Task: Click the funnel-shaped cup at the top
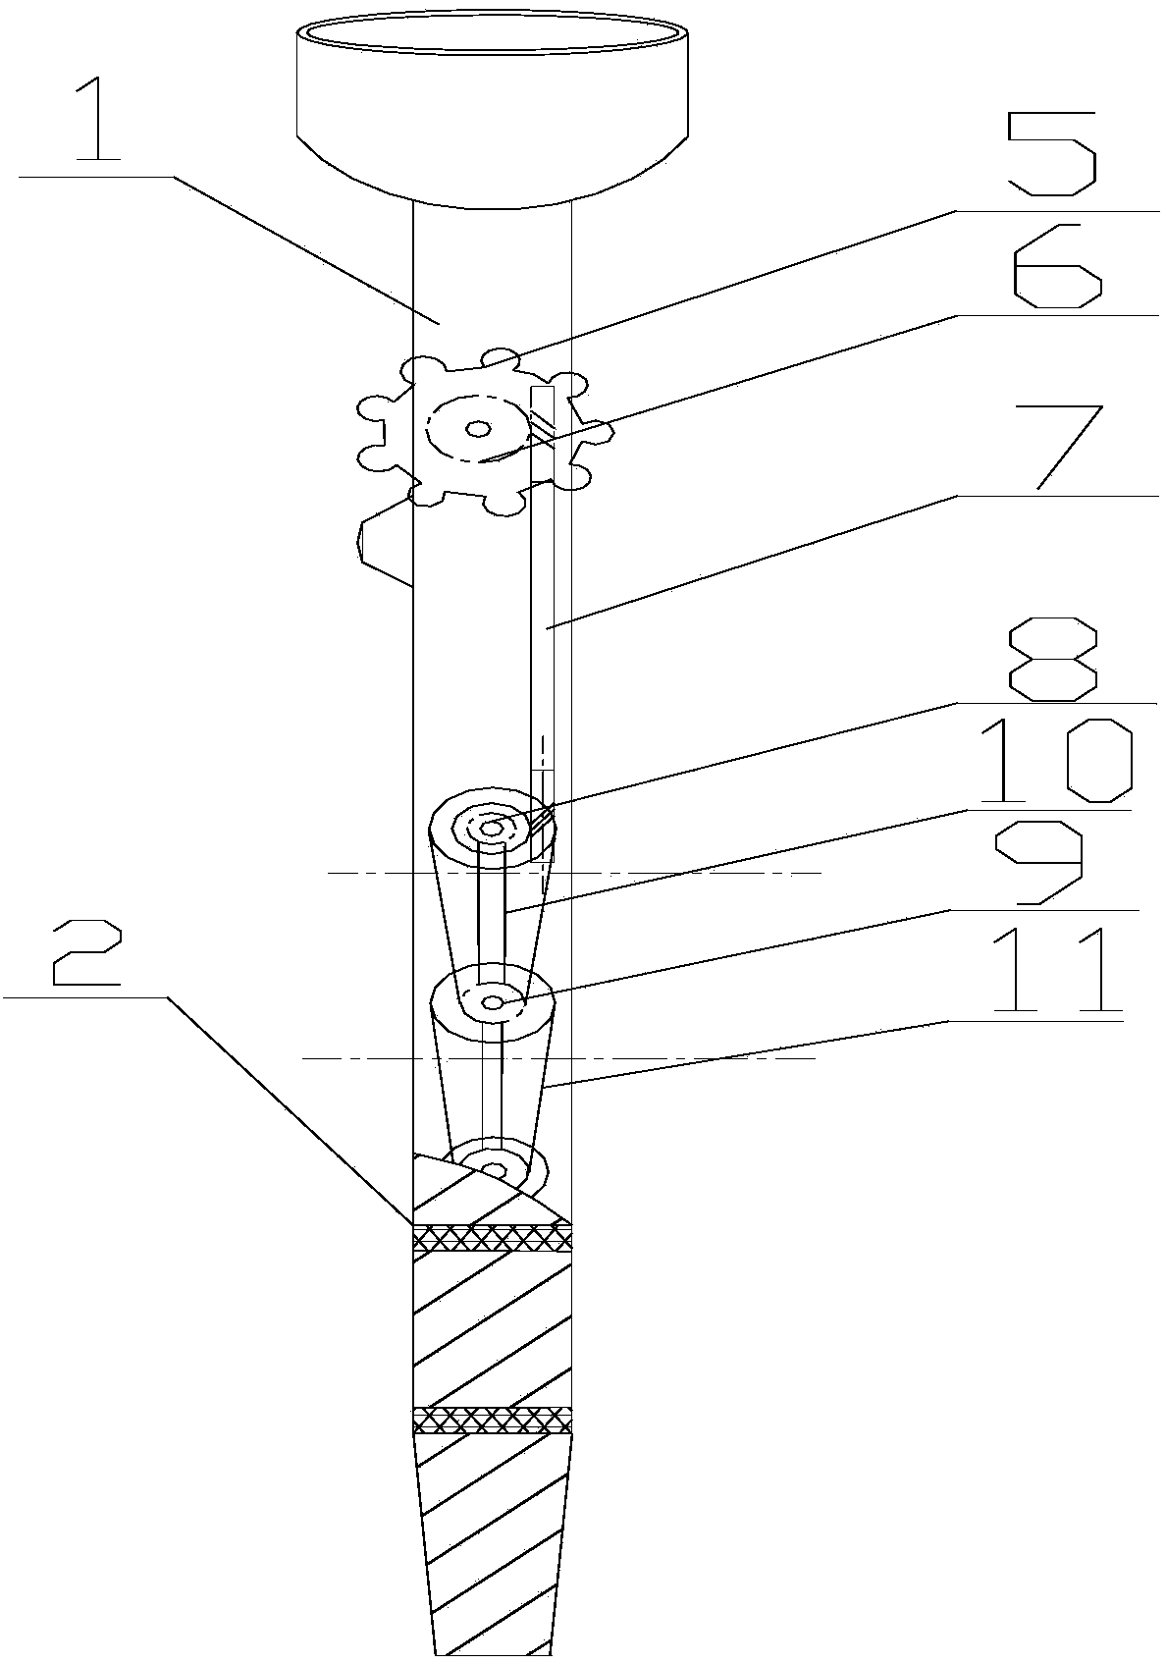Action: click(x=491, y=108)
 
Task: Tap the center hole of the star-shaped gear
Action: click(x=478, y=428)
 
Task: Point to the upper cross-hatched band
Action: click(x=492, y=1239)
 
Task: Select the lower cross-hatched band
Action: click(x=492, y=1420)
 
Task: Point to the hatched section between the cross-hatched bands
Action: click(x=492, y=1329)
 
